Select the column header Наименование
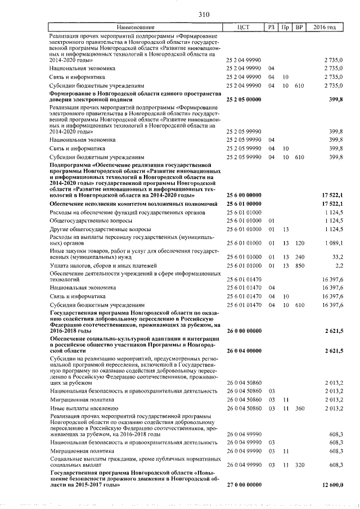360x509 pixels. (136, 28)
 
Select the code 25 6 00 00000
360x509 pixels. (244, 194)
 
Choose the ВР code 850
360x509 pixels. (299, 264)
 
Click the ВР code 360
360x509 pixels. (299, 407)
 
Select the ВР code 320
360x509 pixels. (299, 465)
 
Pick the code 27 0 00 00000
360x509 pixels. (244, 484)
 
